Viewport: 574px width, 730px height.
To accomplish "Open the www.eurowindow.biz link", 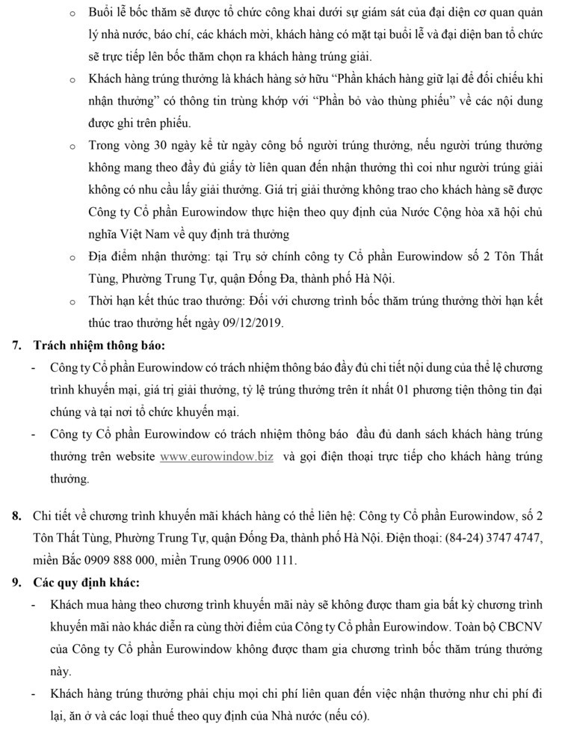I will click(x=217, y=457).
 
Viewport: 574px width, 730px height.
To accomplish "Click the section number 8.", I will click(x=17, y=516).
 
